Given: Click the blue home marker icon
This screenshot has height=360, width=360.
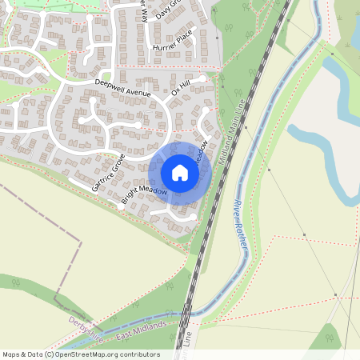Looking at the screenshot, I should [x=180, y=172].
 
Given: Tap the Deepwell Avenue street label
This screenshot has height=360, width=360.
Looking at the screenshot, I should [x=122, y=87].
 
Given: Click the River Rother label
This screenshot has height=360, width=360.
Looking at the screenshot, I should [x=238, y=217].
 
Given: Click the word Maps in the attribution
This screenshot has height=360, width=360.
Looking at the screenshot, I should [x=11, y=354].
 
